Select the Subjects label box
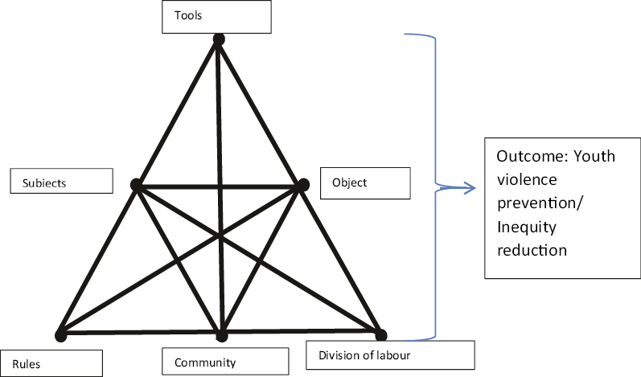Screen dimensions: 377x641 (x=61, y=181)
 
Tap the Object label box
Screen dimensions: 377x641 (x=365, y=182)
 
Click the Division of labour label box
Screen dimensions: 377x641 (x=390, y=355)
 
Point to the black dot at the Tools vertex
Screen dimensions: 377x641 (x=218, y=39)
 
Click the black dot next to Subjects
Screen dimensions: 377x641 (x=136, y=186)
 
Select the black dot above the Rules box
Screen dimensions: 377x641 (x=60, y=335)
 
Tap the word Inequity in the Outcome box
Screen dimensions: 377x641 (x=527, y=227)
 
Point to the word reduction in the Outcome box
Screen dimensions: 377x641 (x=532, y=250)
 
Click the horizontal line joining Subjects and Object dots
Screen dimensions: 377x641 (x=219, y=186)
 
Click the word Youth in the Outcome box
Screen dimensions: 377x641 (x=596, y=156)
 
